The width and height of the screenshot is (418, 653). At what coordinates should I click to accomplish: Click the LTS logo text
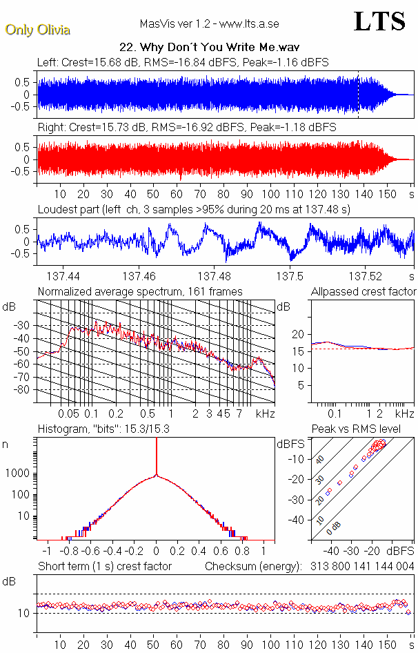(x=379, y=22)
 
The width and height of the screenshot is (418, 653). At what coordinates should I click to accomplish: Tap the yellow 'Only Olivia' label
(x=37, y=30)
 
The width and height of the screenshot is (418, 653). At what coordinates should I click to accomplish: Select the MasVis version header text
(x=209, y=23)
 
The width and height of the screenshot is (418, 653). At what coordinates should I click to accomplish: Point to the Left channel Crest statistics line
(x=183, y=62)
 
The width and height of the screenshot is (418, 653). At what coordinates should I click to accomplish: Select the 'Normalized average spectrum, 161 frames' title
(x=140, y=292)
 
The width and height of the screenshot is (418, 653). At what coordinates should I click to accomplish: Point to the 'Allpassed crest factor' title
(x=364, y=292)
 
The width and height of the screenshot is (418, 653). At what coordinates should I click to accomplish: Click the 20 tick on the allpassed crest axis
(x=299, y=334)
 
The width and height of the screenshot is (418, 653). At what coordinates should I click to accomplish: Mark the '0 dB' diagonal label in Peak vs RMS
(x=335, y=527)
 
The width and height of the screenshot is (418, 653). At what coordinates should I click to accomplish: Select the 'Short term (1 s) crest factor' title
(x=104, y=567)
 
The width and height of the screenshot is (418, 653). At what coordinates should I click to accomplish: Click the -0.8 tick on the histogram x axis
(x=68, y=552)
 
